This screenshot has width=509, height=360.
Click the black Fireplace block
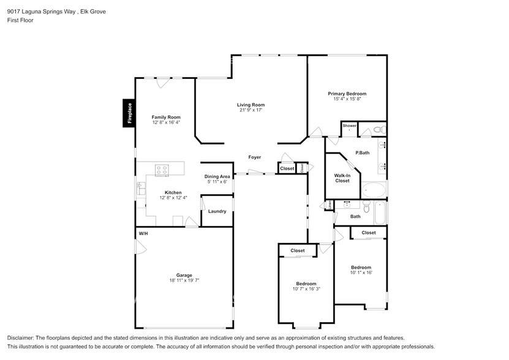[x=129, y=114]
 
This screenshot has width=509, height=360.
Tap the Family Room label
[x=166, y=117]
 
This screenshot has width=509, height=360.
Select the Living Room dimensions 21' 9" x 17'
[x=251, y=110]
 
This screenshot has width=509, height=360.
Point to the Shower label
[x=349, y=126]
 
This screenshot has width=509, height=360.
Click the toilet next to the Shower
[x=378, y=129]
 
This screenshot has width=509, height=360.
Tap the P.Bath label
[x=362, y=152]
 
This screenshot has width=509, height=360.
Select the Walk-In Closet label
[x=342, y=178]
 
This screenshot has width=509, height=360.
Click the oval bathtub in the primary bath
[x=373, y=189]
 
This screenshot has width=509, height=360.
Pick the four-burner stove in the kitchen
[x=162, y=170]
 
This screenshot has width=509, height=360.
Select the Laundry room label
[x=217, y=211]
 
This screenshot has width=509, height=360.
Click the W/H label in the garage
[x=143, y=233]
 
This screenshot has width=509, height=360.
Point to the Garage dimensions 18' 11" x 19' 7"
[x=184, y=280]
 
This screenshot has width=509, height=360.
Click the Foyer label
[x=254, y=157]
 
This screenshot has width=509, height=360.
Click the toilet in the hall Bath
[x=367, y=208]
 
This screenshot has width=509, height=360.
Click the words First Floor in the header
[x=20, y=20]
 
